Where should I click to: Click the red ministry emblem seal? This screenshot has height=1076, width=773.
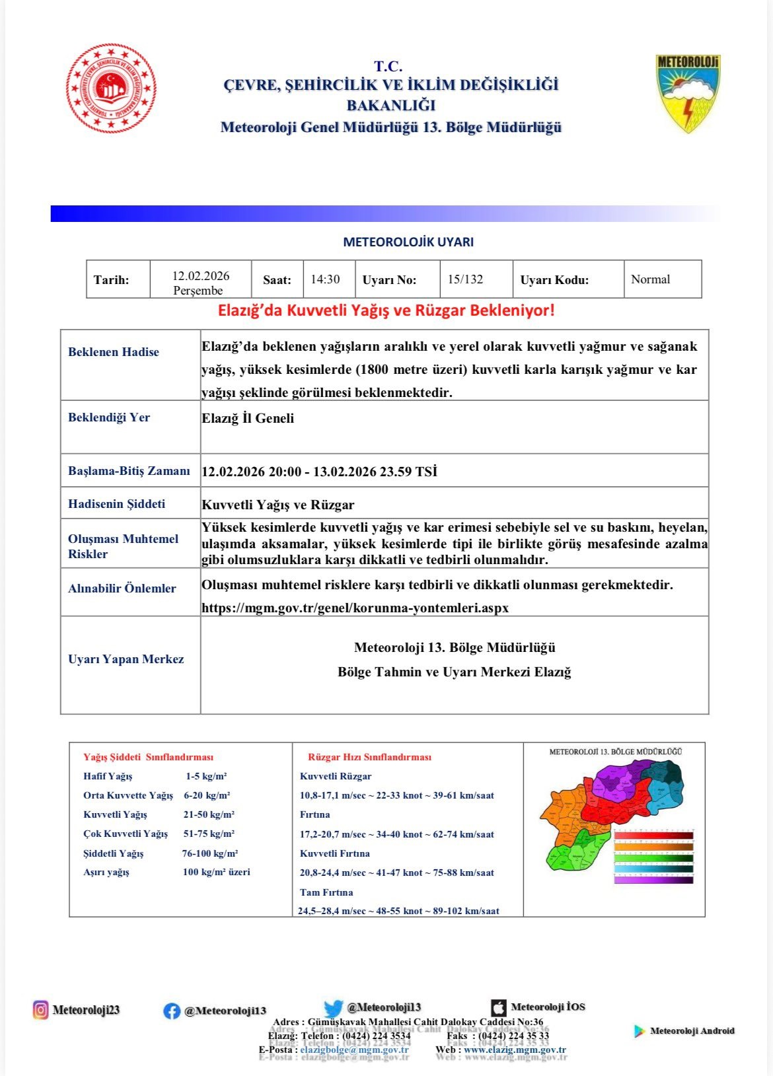pos(111,89)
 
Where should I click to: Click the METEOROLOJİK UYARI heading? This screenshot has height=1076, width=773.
pos(408,242)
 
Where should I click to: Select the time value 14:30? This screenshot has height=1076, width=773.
pos(325,279)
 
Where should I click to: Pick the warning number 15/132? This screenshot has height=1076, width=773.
pos(465,279)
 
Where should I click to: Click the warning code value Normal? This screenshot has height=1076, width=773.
pos(650,279)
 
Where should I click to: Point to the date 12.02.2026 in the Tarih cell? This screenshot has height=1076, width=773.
pos(201,276)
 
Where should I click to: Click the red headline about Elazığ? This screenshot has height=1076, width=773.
pos(386,310)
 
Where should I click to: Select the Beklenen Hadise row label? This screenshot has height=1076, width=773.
pos(114,352)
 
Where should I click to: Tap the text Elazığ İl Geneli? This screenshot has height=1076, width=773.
pos(248,418)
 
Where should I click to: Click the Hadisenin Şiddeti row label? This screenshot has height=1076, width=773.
pos(117,504)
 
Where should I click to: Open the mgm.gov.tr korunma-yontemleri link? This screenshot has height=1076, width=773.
pos(355,608)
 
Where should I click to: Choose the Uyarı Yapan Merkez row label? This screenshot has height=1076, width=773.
pos(126,659)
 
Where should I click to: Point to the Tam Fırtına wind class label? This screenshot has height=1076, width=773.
pos(326,892)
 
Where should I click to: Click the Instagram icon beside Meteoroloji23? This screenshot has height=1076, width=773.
pos(41,1010)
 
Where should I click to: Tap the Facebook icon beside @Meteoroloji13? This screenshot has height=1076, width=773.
pos(172,1011)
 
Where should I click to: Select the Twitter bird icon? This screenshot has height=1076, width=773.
pos(333,1009)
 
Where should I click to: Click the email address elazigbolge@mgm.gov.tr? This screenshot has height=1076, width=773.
pos(354,1050)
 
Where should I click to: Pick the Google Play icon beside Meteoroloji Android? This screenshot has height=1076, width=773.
pos(639,1031)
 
